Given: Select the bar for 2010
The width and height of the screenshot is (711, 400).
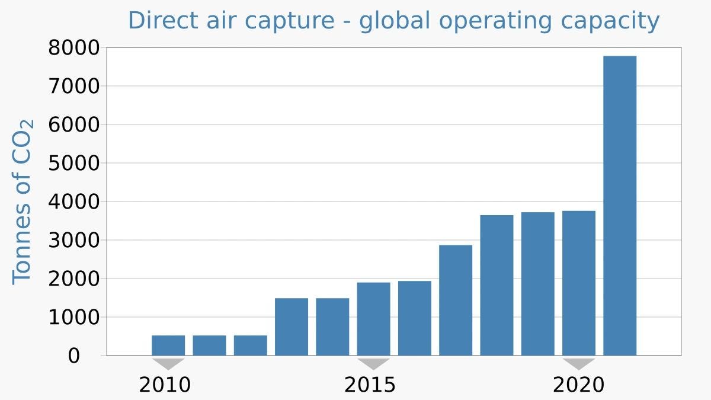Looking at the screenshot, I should [168, 345].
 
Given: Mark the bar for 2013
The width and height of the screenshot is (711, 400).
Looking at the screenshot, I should [292, 327].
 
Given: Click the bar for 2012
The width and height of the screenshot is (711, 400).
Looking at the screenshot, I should [250, 345].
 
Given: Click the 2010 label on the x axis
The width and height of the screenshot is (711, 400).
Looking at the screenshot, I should [165, 385].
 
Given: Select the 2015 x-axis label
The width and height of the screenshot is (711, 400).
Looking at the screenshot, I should [370, 385].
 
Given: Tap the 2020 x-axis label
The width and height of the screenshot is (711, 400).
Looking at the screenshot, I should [578, 385].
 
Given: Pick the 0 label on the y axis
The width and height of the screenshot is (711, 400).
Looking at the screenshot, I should [73, 356].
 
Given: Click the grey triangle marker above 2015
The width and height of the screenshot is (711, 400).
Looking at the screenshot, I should [373, 363].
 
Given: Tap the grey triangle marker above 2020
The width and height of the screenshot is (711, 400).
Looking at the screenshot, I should [579, 363].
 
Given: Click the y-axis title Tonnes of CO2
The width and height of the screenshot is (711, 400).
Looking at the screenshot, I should [23, 201].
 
